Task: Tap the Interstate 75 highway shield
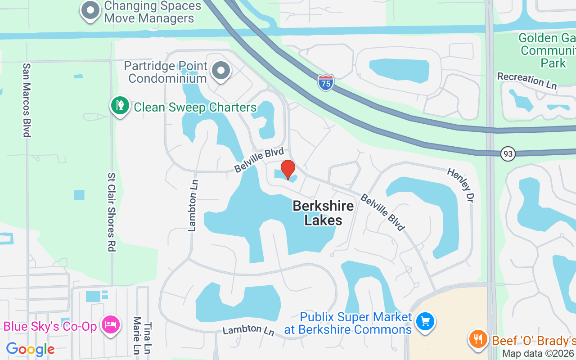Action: tap(325, 83)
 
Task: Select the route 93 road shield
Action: tap(508, 154)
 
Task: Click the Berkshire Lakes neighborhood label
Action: tap(323, 213)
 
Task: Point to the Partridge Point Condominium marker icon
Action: tap(221, 71)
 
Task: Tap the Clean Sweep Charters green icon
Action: tap(120, 106)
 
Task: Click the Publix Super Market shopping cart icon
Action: tap(424, 321)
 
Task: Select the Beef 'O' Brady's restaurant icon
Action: tap(477, 338)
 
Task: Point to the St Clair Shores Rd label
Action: tap(111, 212)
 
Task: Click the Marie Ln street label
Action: tap(137, 335)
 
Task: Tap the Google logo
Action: tap(30, 349)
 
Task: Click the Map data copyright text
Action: tap(538, 354)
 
